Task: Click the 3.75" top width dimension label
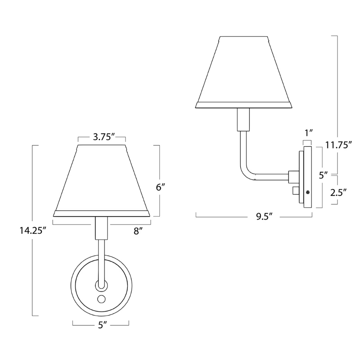tap(102, 137)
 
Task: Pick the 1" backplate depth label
tap(308, 133)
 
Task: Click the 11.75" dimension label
tap(338, 145)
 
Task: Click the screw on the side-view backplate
tap(307, 192)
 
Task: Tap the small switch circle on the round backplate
tap(101, 298)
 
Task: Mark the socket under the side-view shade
tap(243, 120)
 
